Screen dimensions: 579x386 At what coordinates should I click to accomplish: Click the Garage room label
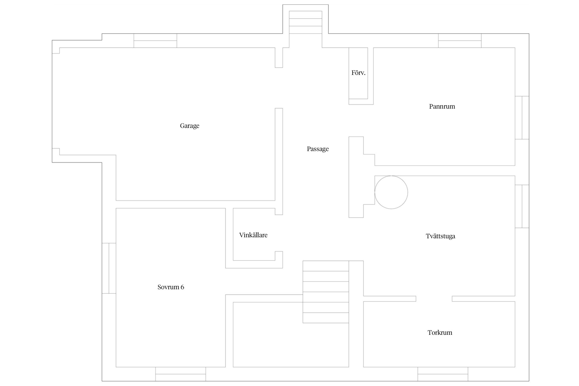(x=190, y=126)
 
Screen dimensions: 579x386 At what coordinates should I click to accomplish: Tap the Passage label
(x=318, y=149)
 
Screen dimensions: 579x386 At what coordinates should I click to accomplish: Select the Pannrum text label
(x=442, y=107)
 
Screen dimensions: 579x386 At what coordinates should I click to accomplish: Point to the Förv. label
(x=358, y=73)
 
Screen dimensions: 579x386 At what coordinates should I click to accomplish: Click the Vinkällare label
(x=253, y=235)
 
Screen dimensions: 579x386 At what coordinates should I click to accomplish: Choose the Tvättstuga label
(x=440, y=236)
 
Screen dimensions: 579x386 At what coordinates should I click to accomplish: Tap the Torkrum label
(x=440, y=332)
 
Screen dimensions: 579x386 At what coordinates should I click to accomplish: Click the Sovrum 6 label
(x=171, y=287)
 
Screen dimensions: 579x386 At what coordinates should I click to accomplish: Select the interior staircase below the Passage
(x=326, y=292)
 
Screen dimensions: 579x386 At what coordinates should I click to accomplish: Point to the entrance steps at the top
(x=305, y=22)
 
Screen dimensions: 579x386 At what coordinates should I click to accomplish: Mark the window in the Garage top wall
(x=155, y=41)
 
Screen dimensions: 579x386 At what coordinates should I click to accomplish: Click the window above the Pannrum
(x=460, y=41)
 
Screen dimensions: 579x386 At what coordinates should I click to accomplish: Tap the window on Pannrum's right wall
(x=522, y=118)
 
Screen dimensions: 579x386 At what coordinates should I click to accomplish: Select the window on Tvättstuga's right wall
(x=522, y=206)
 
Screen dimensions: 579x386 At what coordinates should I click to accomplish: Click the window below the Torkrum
(x=443, y=374)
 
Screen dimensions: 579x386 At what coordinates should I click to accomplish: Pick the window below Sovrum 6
(x=180, y=374)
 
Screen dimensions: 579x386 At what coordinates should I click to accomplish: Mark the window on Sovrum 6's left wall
(x=109, y=268)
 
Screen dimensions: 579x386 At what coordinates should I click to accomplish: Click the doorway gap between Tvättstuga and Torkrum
(x=434, y=299)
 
